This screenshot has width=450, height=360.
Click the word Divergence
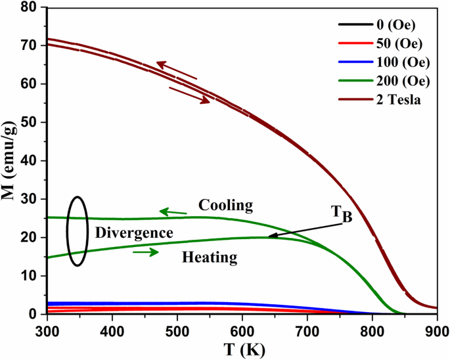tap(134, 233)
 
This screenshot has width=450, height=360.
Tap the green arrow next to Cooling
tap(173, 212)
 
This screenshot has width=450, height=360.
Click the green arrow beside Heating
tap(145, 252)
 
